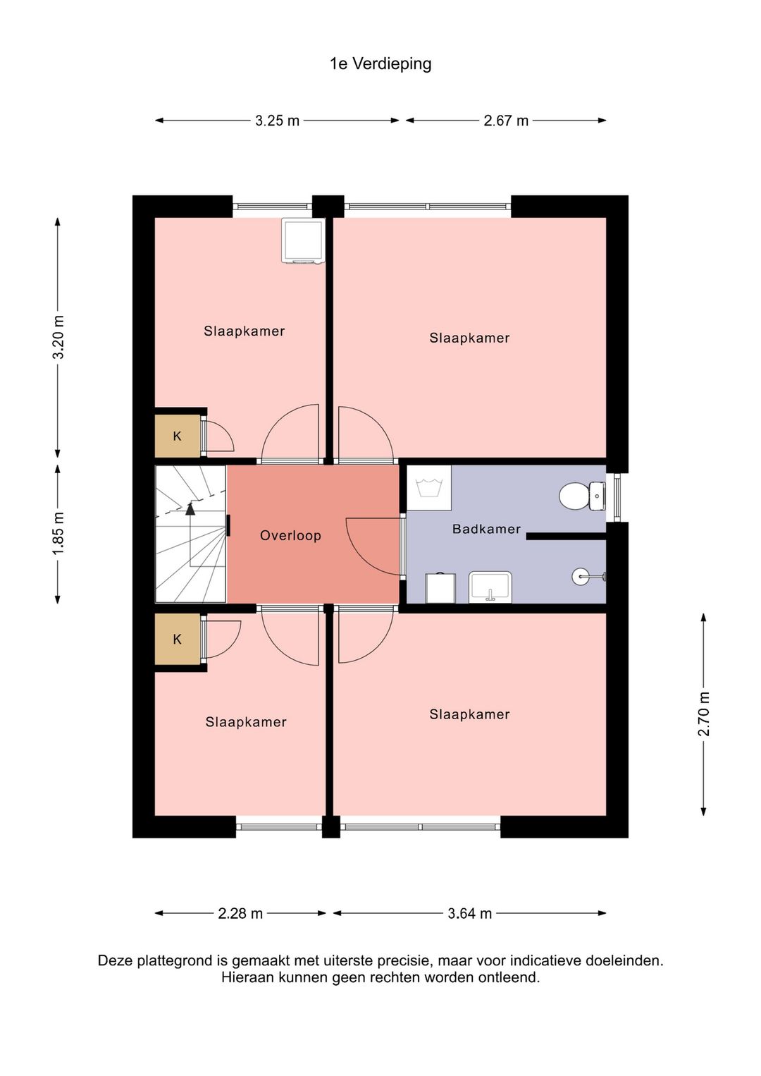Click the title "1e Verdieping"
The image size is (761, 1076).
(x=380, y=64)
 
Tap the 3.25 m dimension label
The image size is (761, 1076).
(x=277, y=121)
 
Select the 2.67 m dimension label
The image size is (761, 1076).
(x=506, y=121)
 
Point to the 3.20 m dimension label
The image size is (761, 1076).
(x=58, y=337)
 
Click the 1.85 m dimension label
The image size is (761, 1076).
(x=58, y=533)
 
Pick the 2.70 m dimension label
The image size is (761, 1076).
(x=704, y=714)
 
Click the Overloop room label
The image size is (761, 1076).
(x=290, y=535)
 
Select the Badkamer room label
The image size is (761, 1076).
(x=486, y=529)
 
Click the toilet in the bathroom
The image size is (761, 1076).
(x=582, y=495)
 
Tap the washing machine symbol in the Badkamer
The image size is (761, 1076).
(x=428, y=487)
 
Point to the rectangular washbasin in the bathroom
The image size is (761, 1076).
(x=490, y=587)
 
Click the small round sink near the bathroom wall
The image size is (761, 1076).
(x=581, y=577)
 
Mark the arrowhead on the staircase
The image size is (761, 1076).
(x=191, y=508)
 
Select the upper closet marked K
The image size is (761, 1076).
(x=177, y=436)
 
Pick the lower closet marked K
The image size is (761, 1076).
(x=177, y=640)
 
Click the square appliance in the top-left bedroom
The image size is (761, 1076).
(x=303, y=240)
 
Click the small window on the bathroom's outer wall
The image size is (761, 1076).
(x=617, y=498)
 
